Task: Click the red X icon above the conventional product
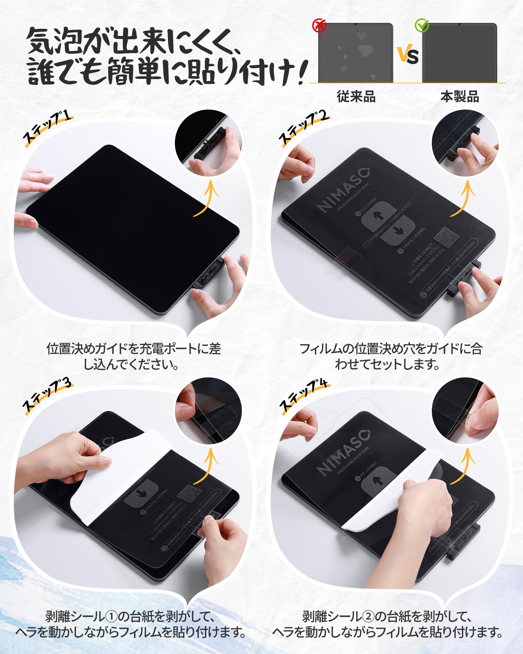click(319, 25)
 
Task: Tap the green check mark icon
click(422, 25)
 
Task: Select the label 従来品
click(356, 97)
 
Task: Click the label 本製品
click(460, 97)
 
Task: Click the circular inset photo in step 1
click(208, 143)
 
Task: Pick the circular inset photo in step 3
click(209, 411)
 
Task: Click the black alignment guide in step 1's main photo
click(209, 273)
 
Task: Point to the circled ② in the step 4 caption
click(367, 617)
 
